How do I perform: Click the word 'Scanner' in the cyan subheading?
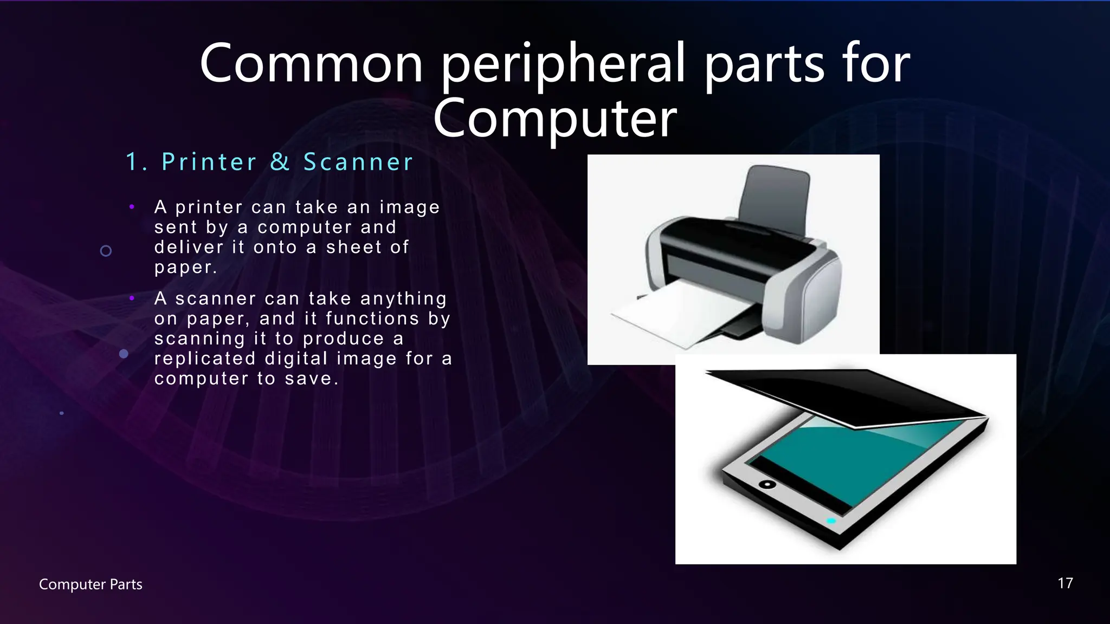pos(358,162)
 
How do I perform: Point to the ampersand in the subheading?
pos(280,162)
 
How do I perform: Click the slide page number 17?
pos(1065,583)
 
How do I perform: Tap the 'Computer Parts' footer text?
pos(91,584)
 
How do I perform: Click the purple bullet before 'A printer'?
pos(132,206)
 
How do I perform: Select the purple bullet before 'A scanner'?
pos(132,298)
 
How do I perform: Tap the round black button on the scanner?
pos(767,484)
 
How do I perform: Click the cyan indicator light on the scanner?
pos(831,521)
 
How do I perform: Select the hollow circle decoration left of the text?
pos(106,251)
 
